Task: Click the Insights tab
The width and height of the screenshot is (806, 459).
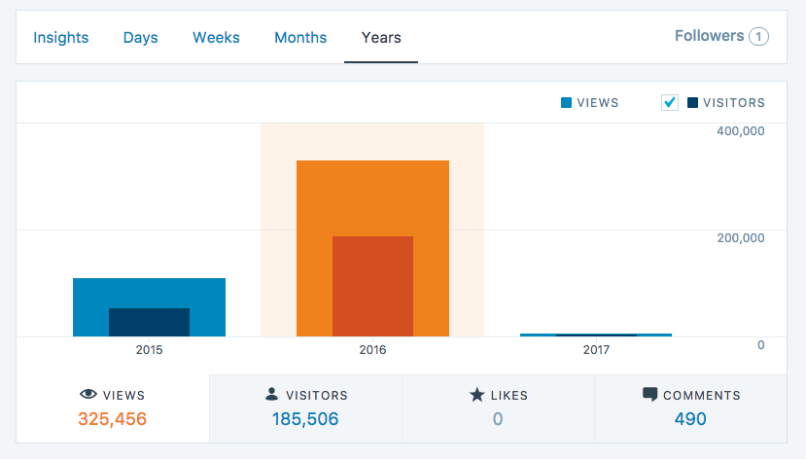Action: point(61,38)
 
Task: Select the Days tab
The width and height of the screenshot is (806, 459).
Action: point(140,38)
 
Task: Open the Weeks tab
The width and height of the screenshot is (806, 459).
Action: point(216,38)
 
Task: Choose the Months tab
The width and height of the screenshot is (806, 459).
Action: point(300,38)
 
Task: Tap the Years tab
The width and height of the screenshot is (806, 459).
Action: point(381,38)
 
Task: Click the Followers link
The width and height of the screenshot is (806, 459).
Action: point(709,36)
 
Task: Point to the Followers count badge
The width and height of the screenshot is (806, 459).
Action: point(758,37)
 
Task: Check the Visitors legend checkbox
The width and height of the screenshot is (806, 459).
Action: point(669,102)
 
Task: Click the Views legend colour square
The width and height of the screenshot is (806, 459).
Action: point(566,102)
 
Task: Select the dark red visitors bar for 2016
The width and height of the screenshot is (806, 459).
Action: point(372,286)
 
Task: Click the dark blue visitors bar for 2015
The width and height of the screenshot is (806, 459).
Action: point(149,322)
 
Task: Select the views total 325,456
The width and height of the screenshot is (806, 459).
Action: point(112,419)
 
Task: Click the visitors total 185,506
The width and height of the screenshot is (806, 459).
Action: point(305,419)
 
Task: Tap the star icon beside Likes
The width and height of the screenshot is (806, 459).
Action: point(476,395)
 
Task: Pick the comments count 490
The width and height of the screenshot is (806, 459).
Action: point(690,419)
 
